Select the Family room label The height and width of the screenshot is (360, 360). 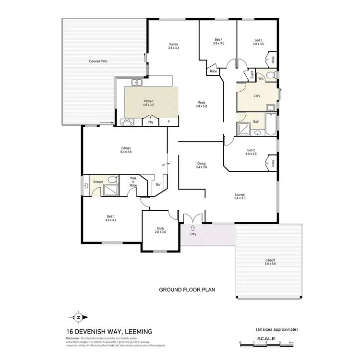click(x=173, y=46)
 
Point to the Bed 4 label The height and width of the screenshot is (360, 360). click(x=218, y=42)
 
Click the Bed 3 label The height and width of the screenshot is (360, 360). click(x=258, y=42)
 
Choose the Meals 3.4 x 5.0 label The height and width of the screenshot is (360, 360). click(x=202, y=104)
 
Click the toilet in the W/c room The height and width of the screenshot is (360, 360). click(x=271, y=75)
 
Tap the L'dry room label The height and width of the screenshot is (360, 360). click(x=257, y=96)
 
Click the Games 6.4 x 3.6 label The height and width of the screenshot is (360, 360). click(x=126, y=150)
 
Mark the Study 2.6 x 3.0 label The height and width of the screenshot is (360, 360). click(x=160, y=230)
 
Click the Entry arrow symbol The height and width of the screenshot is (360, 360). click(x=192, y=228)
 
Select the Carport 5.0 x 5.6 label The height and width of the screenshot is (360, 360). click(x=270, y=262)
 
